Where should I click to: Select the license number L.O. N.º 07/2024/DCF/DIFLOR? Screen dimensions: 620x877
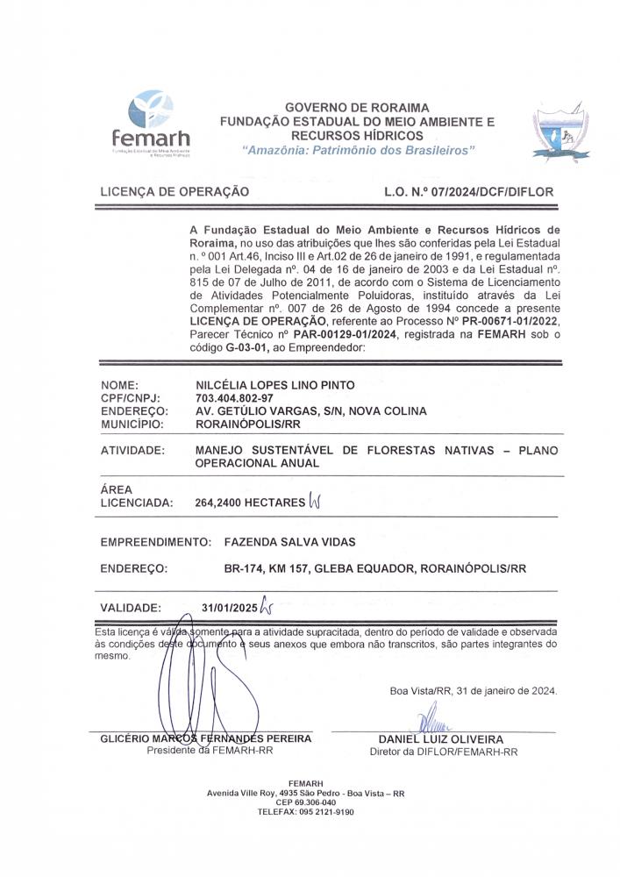[468, 191]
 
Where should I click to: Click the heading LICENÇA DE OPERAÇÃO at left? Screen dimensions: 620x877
[175, 191]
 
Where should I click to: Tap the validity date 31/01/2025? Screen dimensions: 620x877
[230, 607]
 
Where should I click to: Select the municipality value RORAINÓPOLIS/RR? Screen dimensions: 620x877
[249, 424]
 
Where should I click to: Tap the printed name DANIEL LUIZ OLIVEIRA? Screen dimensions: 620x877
[441, 739]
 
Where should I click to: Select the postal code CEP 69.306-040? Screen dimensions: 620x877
[305, 802]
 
